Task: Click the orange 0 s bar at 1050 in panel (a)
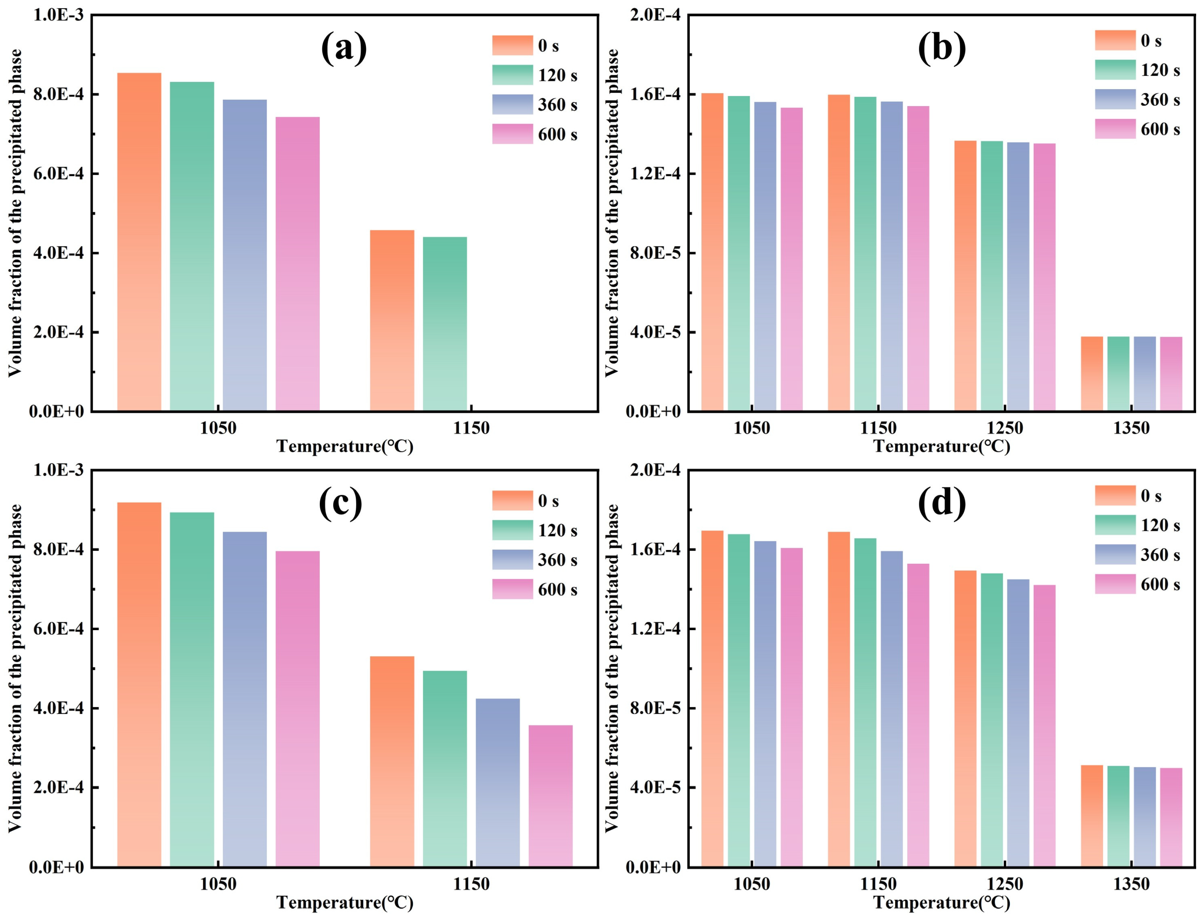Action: pyautogui.click(x=139, y=242)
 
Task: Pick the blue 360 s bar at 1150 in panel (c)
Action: pyautogui.click(x=498, y=782)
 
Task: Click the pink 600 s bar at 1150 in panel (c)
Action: pyautogui.click(x=550, y=795)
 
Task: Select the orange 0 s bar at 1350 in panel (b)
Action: pyautogui.click(x=1092, y=373)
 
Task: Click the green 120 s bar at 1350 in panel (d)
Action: pyautogui.click(x=1119, y=816)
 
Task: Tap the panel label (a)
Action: pyautogui.click(x=344, y=48)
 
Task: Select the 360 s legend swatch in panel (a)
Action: pyautogui.click(x=513, y=104)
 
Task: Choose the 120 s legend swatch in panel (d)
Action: pyautogui.click(x=1115, y=525)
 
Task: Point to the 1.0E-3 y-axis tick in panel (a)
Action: pyautogui.click(x=59, y=15)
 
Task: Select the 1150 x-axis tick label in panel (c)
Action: pyautogui.click(x=471, y=884)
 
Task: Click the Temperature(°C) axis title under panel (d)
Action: pyautogui.click(x=941, y=902)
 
